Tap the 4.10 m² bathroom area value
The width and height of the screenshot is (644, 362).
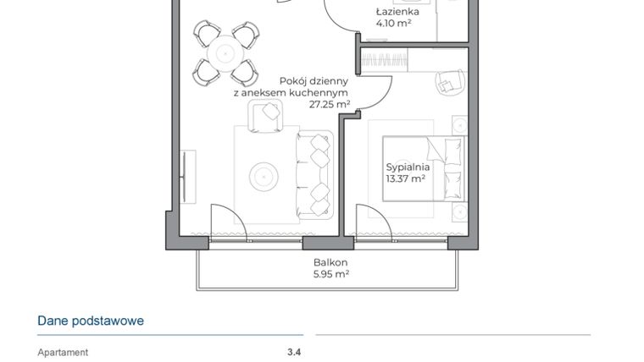[x=393, y=25]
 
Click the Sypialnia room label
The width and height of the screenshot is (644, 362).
[x=408, y=167]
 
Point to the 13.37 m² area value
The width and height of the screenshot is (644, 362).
[x=405, y=178]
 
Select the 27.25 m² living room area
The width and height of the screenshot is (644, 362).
[x=330, y=104]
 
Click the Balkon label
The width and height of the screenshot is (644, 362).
[x=330, y=262]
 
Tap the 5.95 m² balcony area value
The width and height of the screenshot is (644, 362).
[x=330, y=274]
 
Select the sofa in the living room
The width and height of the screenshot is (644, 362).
[x=314, y=176]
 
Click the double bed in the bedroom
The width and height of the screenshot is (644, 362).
[x=424, y=169]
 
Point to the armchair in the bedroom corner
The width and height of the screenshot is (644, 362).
[x=447, y=80]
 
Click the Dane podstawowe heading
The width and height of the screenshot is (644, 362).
[x=91, y=321]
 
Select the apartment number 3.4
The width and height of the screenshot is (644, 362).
[x=294, y=353]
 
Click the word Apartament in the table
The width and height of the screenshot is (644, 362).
[x=63, y=353]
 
